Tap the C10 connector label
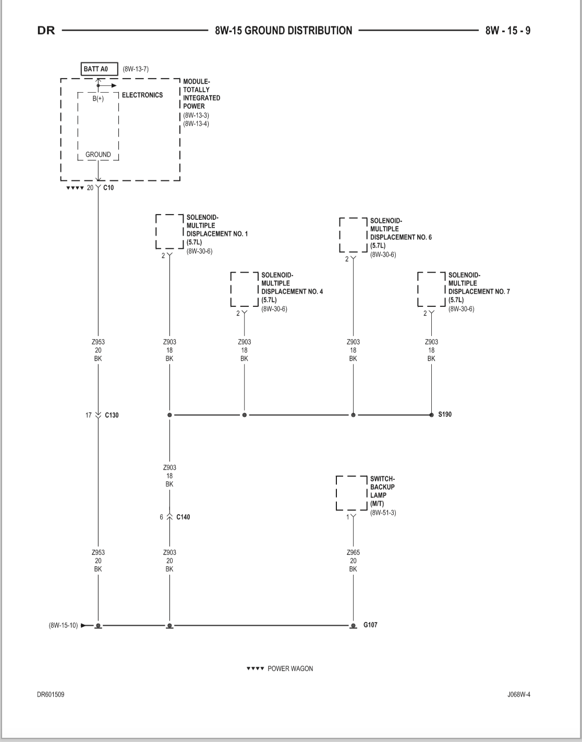[x=108, y=188]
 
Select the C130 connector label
[x=112, y=415]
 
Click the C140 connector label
[x=183, y=517]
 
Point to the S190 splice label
[x=445, y=415]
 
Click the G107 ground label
[x=370, y=625]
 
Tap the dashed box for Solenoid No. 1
[x=156, y=231]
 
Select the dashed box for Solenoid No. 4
[x=231, y=289]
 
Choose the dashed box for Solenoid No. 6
[x=339, y=235]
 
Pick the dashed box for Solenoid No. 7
[x=418, y=289]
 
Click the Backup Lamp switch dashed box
[x=336, y=493]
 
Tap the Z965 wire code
[x=353, y=552]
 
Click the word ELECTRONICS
[x=142, y=95]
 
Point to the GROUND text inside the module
[x=98, y=155]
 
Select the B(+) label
[x=98, y=98]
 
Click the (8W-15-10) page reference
[x=63, y=626]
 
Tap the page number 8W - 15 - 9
[x=508, y=31]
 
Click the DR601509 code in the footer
[x=51, y=695]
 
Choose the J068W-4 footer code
[x=519, y=695]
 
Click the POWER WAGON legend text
[x=290, y=669]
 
